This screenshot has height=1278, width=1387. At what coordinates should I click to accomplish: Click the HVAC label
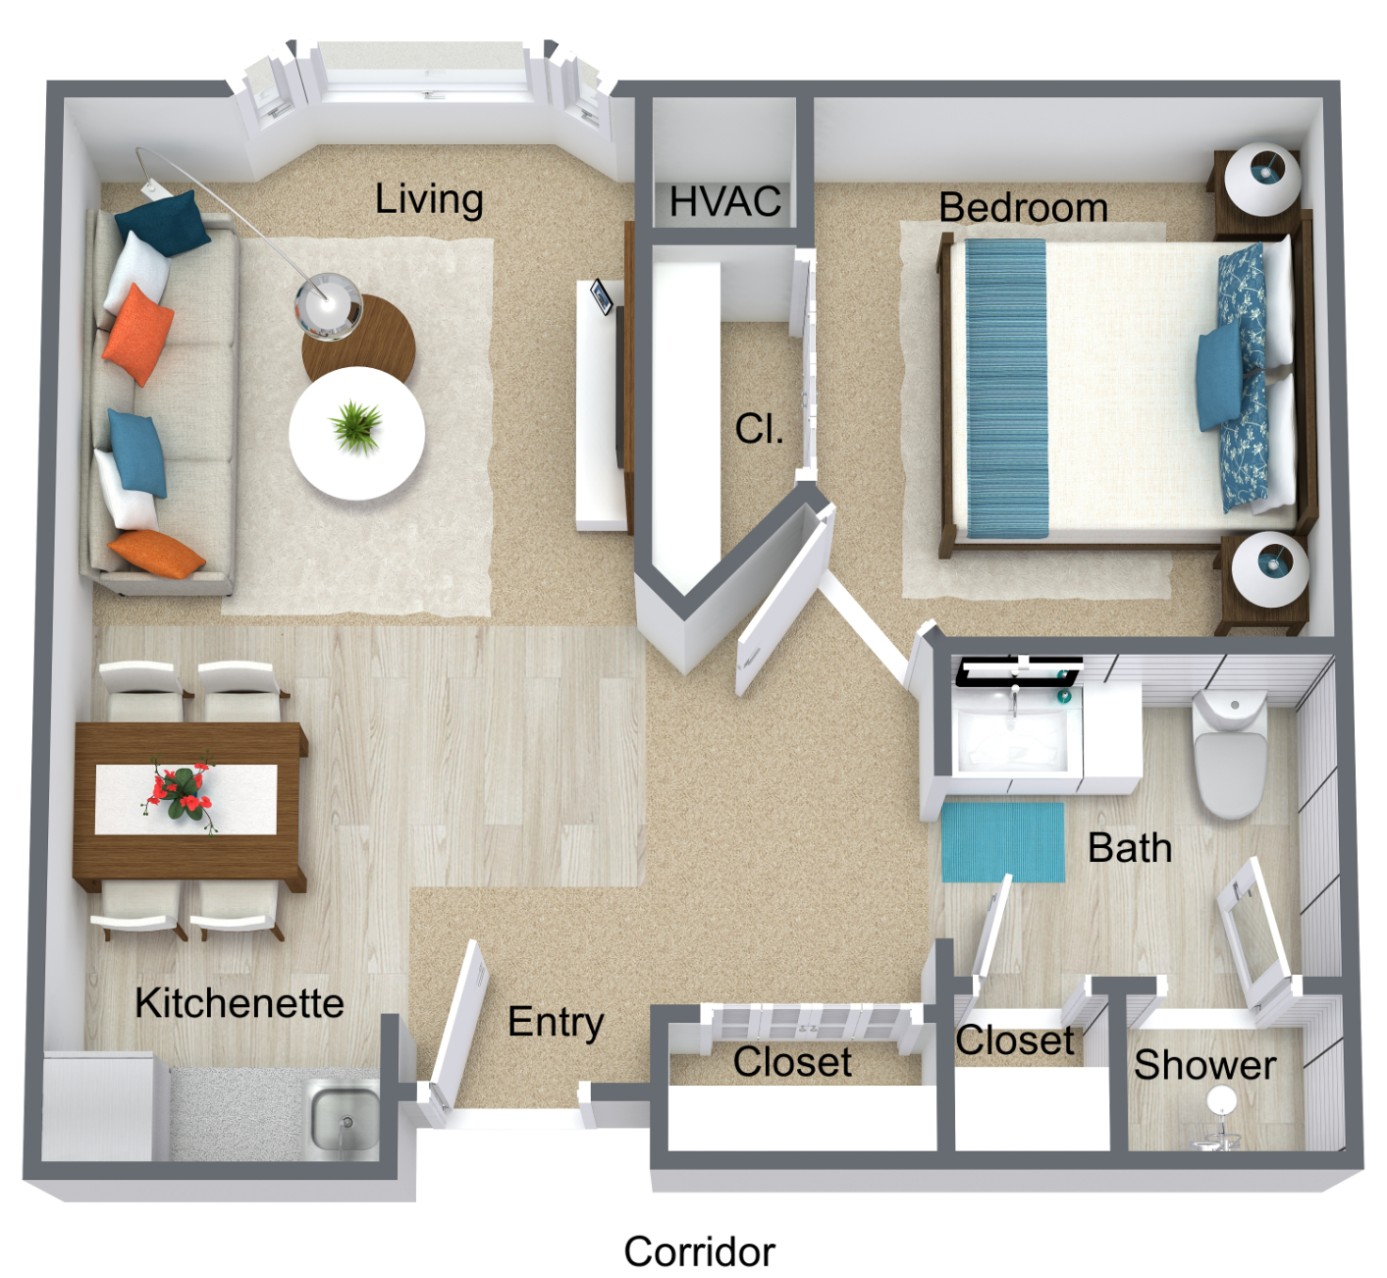click(724, 201)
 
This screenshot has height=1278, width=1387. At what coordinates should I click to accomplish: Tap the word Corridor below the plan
click(699, 1251)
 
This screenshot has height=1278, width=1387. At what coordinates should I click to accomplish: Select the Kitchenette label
click(240, 1003)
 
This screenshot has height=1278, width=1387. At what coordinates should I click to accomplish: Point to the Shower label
click(1204, 1064)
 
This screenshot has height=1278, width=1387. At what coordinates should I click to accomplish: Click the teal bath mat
click(1003, 841)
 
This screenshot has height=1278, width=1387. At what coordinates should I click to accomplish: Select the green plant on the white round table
click(356, 425)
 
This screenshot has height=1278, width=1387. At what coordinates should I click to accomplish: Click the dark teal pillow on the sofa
click(163, 223)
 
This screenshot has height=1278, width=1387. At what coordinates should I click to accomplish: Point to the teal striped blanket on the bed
click(1006, 388)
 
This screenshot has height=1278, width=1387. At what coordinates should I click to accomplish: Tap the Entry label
click(556, 1022)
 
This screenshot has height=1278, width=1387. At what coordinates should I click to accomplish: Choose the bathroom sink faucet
click(1014, 701)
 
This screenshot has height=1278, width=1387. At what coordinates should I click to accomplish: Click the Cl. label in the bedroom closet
click(759, 428)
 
